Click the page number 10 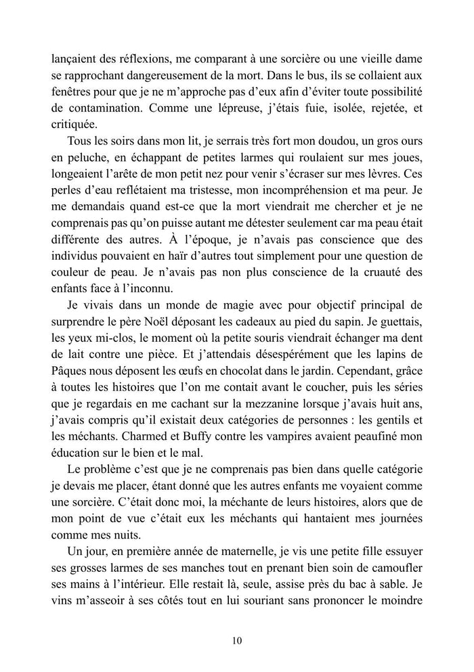[236, 640]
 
